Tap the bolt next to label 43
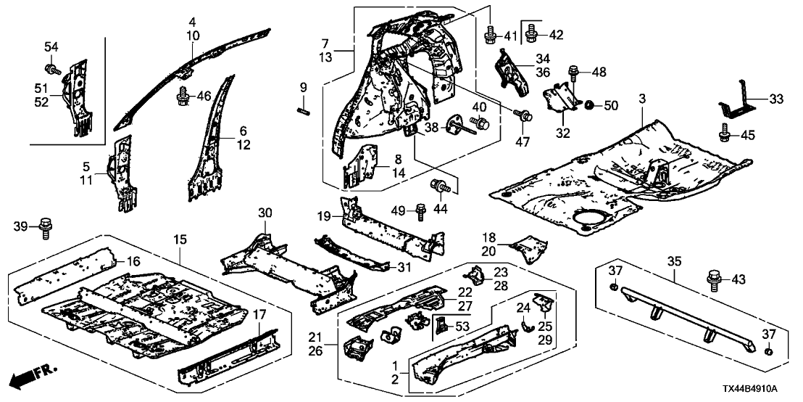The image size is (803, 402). [x=710, y=279]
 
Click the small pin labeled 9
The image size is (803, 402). [x=303, y=110]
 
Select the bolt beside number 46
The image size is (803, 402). [x=181, y=95]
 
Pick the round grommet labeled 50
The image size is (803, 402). [x=588, y=106]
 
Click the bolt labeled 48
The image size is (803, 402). [x=573, y=73]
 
